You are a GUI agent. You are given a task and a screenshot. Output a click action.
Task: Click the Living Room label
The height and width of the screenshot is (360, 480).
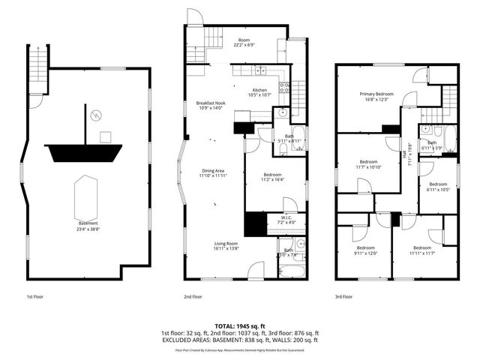coord(226,245)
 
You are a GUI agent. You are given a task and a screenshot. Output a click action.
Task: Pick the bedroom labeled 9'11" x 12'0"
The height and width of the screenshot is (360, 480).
coord(365,250)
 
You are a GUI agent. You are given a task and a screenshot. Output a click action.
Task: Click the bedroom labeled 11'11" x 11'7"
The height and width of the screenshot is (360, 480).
coord(421,250)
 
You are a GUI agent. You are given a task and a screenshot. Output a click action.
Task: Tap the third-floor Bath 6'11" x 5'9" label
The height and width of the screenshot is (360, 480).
coord(432,145)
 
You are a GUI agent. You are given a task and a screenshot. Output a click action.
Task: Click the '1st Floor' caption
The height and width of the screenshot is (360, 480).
coord(34,297)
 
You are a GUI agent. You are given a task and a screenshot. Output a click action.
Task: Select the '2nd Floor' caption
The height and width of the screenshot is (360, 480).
coord(193,297)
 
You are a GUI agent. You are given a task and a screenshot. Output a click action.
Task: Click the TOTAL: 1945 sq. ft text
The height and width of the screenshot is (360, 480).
coord(240,326)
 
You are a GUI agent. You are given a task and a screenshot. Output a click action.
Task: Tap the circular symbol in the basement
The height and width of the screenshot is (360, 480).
coord(95,115)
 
